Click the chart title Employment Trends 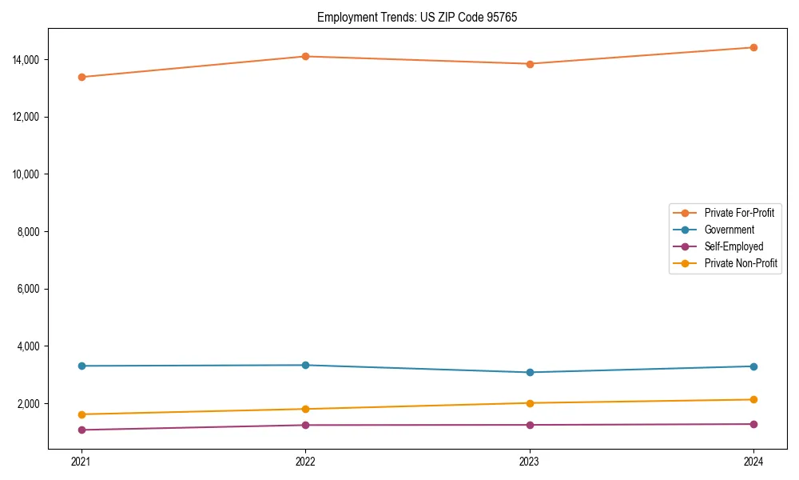tap(416, 17)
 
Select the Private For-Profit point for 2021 tap(81, 77)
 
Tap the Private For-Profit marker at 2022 tap(305, 56)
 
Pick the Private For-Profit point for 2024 tap(753, 47)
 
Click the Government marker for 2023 tap(530, 372)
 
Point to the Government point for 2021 tap(81, 366)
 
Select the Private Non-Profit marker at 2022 tap(305, 409)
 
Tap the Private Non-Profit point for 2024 tap(753, 399)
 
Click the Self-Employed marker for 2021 tap(81, 430)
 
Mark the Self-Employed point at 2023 tap(530, 425)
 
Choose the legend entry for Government tap(729, 230)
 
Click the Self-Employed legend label tap(733, 246)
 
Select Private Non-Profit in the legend tap(741, 263)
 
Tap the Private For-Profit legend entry tap(739, 213)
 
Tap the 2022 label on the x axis tap(305, 462)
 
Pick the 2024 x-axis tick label tap(753, 462)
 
